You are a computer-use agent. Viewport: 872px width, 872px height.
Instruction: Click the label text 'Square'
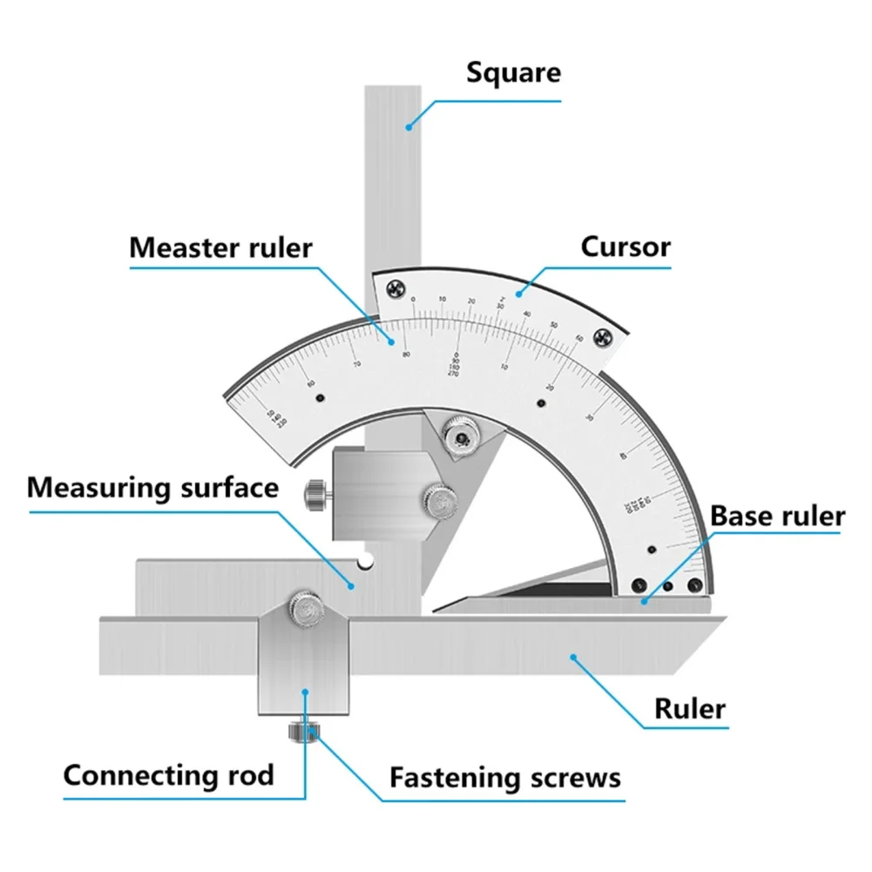click(513, 71)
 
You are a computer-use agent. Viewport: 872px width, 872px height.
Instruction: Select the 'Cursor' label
click(625, 247)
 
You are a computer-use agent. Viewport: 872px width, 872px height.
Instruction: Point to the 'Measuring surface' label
click(152, 487)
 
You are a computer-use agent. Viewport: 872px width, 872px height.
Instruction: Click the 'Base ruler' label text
click(777, 516)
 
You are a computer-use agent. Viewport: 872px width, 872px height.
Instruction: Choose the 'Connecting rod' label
click(168, 774)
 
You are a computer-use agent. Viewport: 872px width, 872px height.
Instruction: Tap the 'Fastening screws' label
click(504, 776)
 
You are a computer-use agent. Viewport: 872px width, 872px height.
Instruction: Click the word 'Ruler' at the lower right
click(690, 708)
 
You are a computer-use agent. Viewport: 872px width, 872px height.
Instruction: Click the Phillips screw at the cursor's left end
click(396, 292)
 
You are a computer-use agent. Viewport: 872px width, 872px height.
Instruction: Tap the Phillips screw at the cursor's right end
click(601, 337)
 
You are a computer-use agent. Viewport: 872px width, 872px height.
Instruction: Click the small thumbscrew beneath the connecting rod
click(301, 731)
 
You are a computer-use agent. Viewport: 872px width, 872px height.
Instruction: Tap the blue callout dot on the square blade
click(408, 127)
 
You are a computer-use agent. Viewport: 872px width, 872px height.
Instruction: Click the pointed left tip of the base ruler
click(435, 610)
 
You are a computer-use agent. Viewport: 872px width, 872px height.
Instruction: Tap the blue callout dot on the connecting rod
click(305, 692)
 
